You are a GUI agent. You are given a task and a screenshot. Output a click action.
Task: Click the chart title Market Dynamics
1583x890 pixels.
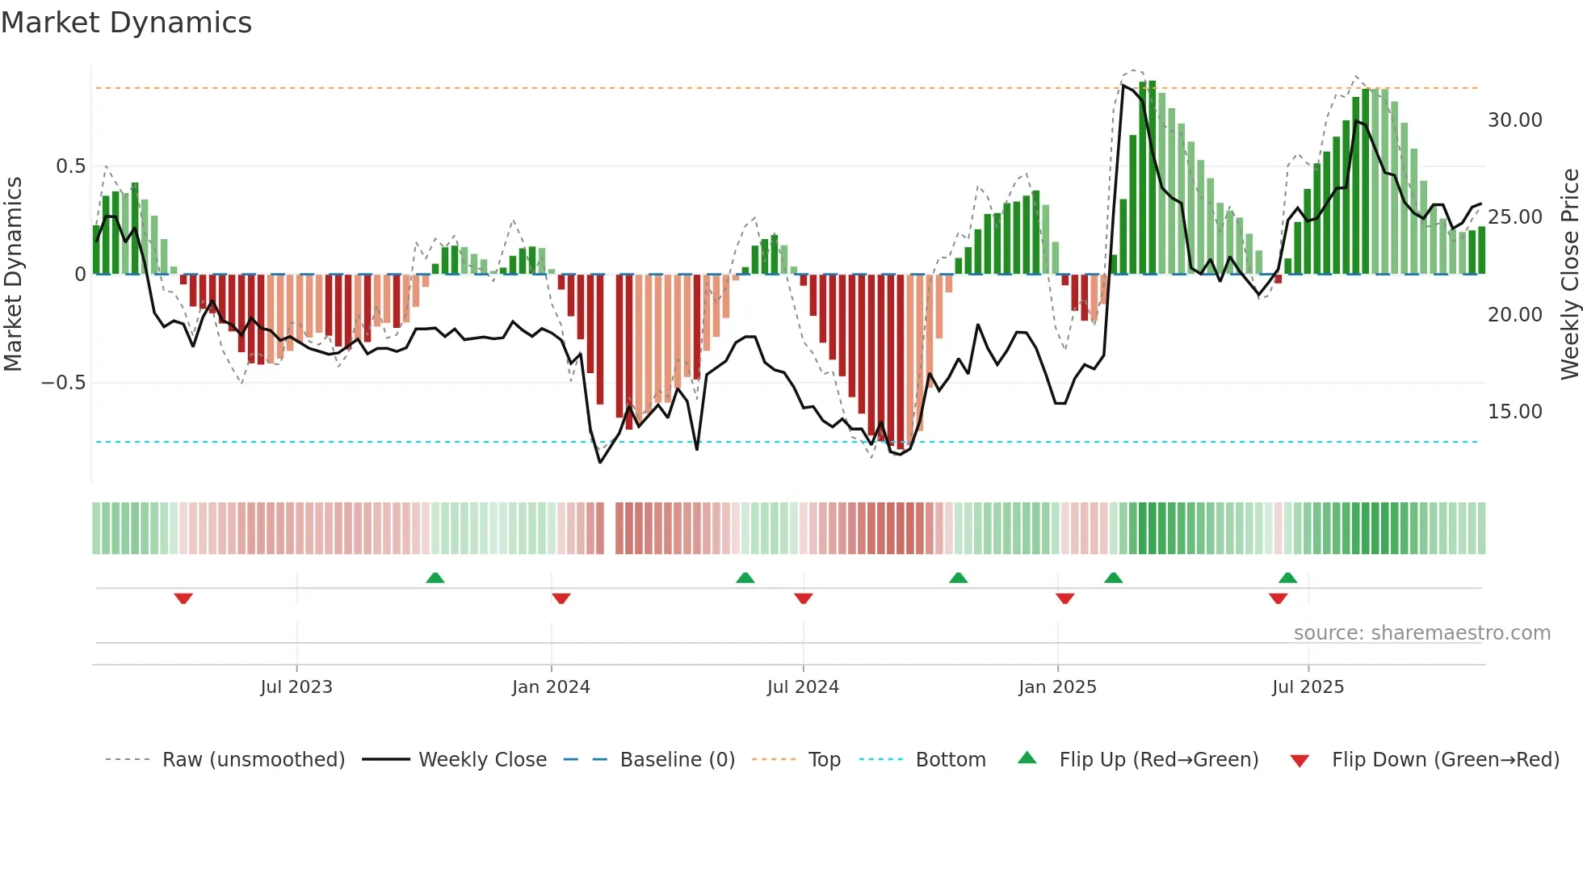126,23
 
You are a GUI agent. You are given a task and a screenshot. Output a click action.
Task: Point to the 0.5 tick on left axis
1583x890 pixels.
71,166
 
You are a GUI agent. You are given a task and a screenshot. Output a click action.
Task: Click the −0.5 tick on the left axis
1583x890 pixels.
64,383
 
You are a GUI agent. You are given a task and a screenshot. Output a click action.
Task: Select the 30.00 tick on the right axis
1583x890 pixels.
1514,120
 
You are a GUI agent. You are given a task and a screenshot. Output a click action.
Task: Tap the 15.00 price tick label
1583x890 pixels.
1514,412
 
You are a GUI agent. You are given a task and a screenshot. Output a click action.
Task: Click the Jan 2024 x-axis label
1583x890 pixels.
551,687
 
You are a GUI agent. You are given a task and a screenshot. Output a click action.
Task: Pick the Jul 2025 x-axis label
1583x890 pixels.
1308,687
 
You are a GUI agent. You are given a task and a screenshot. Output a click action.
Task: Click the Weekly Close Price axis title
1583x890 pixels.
1569,275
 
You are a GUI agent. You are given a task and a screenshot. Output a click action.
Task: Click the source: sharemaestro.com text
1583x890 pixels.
1421,633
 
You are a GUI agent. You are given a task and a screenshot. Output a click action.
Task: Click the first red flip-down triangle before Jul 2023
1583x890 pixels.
183,598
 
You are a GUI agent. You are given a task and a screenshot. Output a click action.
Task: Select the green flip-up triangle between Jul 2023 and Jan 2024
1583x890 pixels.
435,577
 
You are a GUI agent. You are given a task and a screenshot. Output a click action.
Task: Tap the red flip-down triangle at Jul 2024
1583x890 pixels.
803,598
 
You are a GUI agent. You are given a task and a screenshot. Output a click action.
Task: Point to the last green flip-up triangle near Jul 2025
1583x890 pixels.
1287,577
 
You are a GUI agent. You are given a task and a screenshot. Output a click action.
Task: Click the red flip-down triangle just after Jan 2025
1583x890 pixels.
1064,598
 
